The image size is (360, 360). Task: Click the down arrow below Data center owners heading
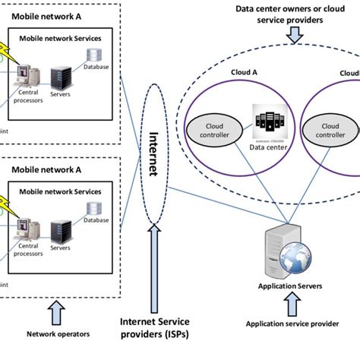295,34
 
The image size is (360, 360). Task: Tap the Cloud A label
245,72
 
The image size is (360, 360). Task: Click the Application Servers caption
291,286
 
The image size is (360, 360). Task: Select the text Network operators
58,333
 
